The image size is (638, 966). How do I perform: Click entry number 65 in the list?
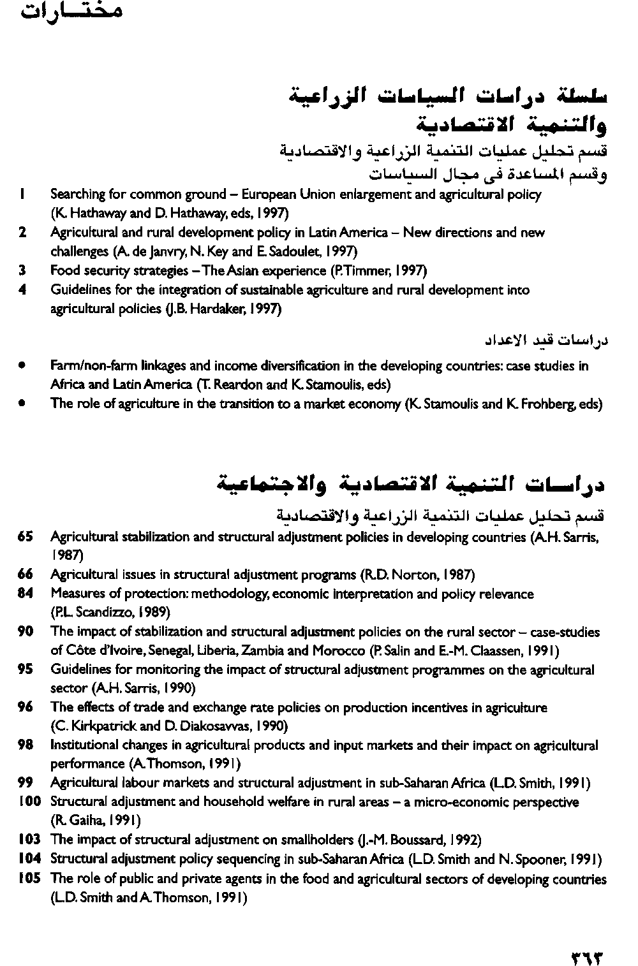coord(25,537)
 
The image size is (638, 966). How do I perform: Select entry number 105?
coord(29,878)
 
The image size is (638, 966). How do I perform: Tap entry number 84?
coord(25,594)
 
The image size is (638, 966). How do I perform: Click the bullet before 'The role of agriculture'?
coord(22,404)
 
